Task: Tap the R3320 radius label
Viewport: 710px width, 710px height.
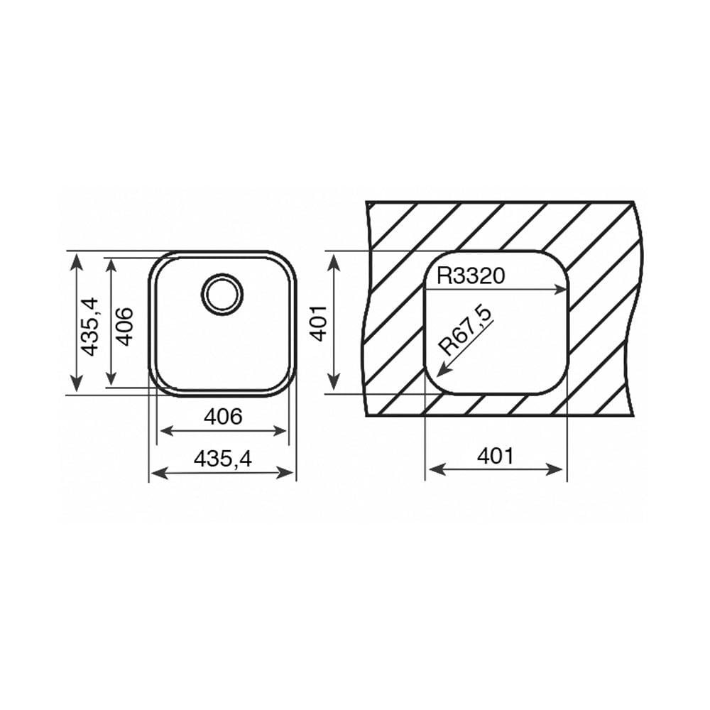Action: [x=471, y=275]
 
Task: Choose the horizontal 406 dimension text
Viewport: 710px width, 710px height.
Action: [x=223, y=416]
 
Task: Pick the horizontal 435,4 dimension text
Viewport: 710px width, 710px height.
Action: [x=222, y=459]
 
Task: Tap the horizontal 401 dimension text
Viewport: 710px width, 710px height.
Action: [x=496, y=456]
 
